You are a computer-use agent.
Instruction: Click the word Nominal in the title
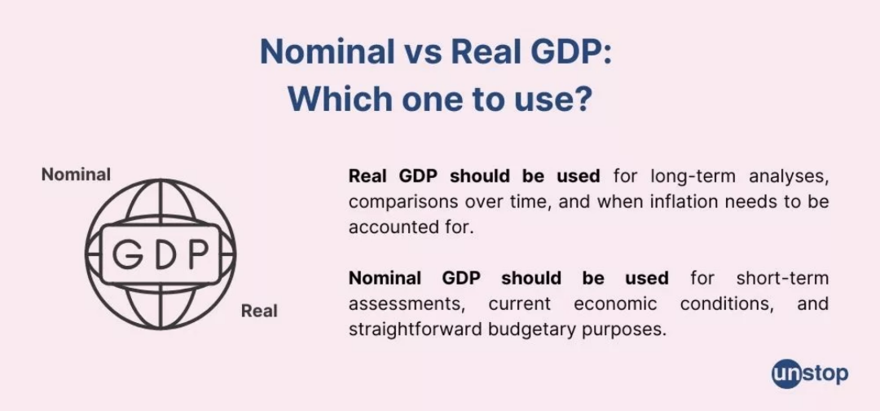(328, 52)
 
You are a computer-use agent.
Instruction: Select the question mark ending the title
(583, 98)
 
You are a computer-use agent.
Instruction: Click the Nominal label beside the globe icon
(77, 175)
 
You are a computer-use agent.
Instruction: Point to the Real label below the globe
(259, 311)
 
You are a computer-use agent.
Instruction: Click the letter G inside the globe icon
(127, 254)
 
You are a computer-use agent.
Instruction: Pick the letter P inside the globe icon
(197, 254)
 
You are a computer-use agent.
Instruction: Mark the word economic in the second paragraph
(615, 303)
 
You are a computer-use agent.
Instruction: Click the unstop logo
(810, 374)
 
